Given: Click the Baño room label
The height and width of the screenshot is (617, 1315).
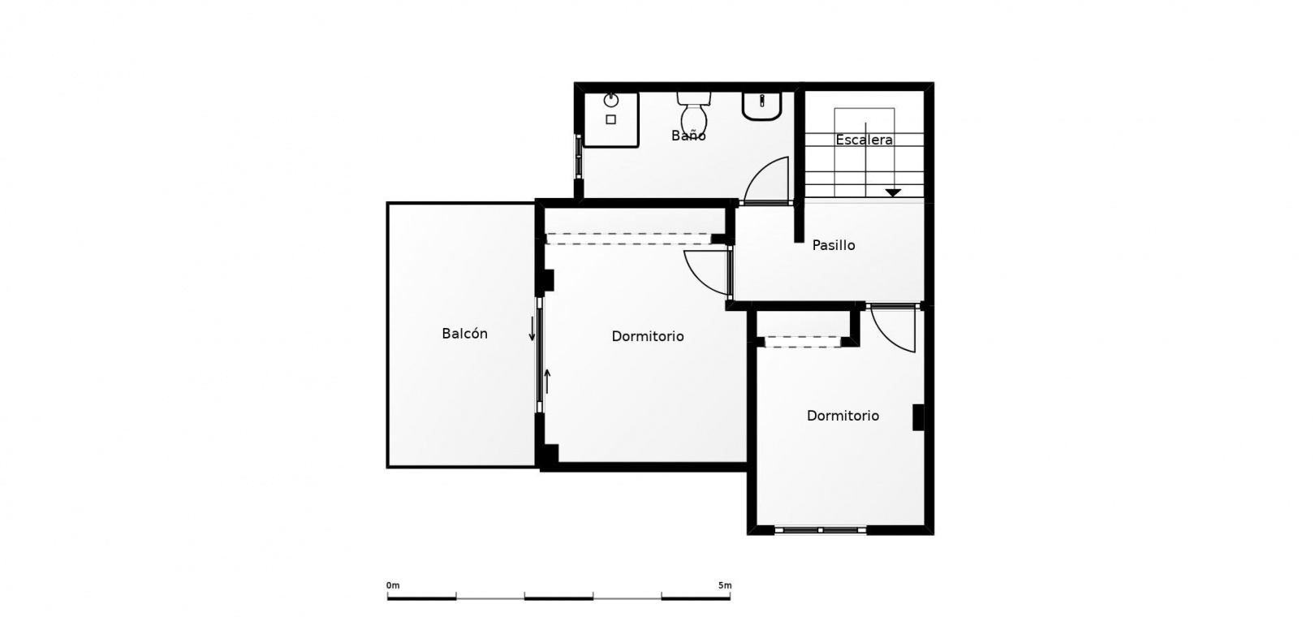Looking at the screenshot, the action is [x=688, y=136].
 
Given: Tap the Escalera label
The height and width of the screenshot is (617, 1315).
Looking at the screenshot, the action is [x=864, y=140].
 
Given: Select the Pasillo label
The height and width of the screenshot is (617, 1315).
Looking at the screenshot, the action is [x=834, y=245].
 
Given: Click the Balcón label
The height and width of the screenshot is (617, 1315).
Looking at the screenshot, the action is [x=465, y=334].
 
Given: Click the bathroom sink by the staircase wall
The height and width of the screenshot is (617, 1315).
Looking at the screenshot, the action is [x=762, y=106].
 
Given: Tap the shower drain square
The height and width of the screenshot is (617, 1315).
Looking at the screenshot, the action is [x=611, y=120].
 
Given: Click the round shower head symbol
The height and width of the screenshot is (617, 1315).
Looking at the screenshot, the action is [x=611, y=101].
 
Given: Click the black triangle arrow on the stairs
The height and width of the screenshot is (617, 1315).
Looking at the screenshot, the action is [x=893, y=192].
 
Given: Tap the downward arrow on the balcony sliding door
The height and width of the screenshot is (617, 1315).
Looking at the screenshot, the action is [x=532, y=329].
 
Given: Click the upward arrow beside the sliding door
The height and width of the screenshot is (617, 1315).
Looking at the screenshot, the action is [x=548, y=382].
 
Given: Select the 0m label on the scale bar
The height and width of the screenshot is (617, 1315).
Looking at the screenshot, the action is [x=393, y=585].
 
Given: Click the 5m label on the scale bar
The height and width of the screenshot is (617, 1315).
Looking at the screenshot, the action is [x=725, y=585].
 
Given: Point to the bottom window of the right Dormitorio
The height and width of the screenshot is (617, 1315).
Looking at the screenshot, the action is [x=821, y=530].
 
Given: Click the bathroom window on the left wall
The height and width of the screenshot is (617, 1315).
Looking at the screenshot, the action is [x=578, y=156].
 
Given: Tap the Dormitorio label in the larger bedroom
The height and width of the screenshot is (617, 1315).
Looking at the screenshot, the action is [x=648, y=336].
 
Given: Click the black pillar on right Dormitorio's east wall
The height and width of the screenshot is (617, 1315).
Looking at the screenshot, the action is [x=918, y=417].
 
